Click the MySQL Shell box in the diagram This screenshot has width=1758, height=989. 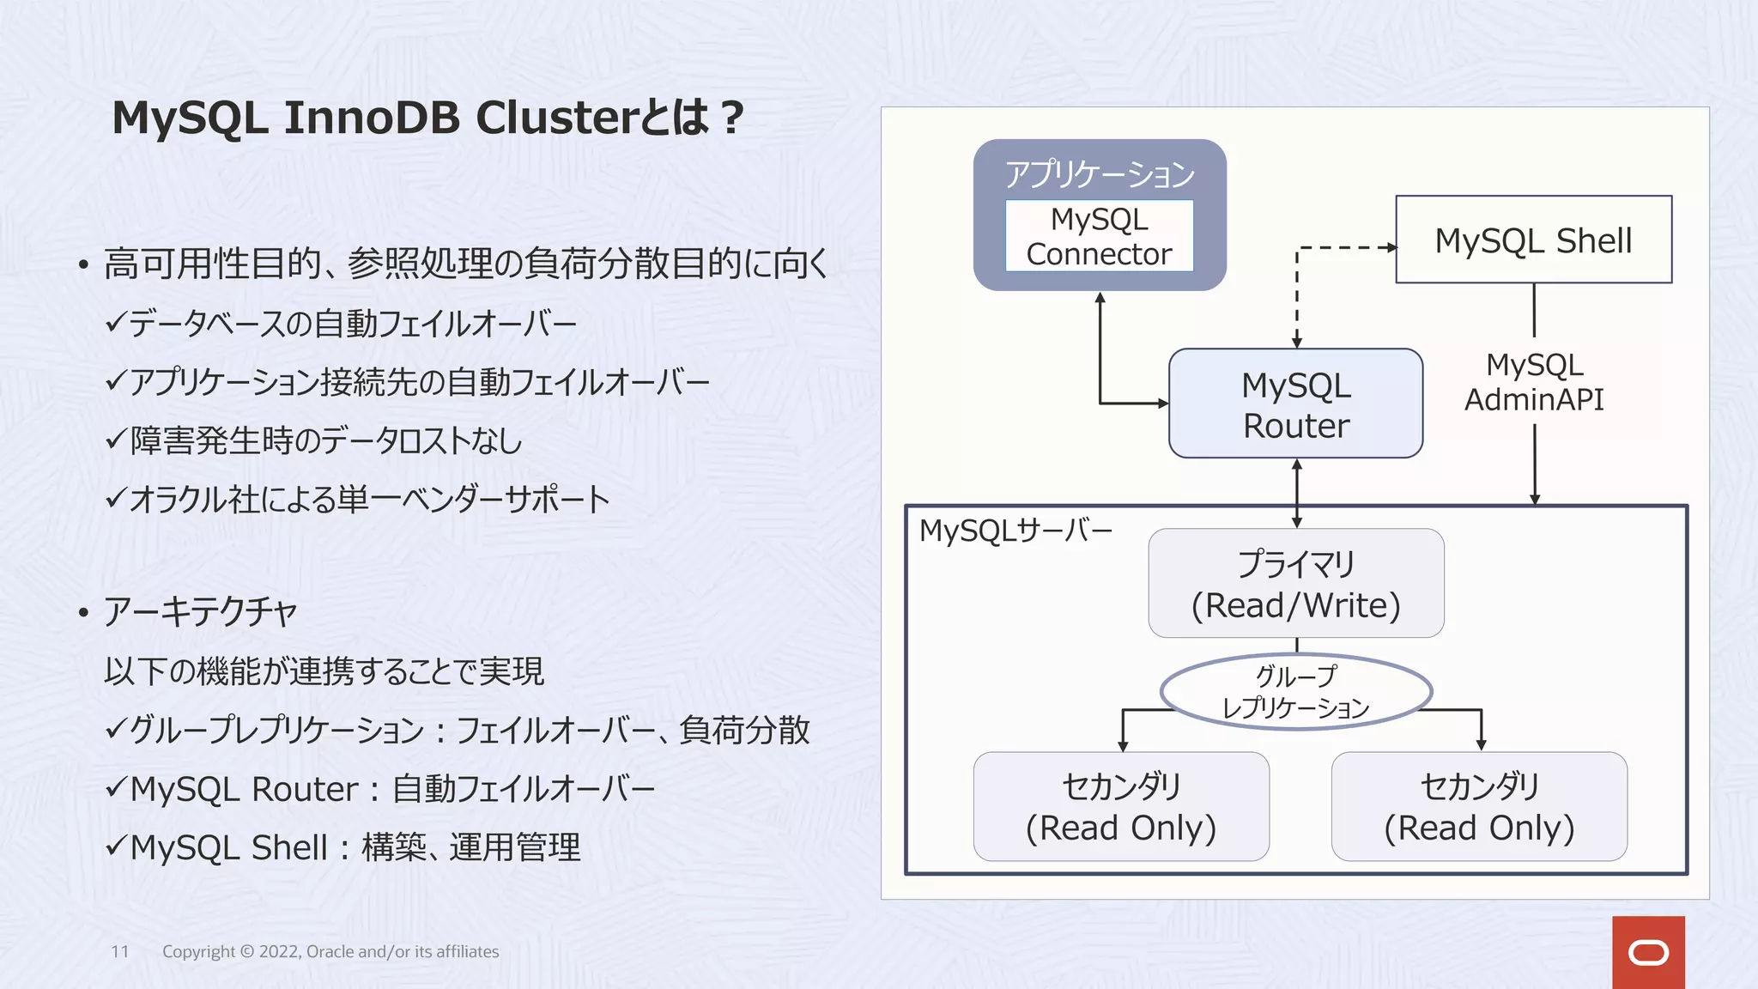1533,240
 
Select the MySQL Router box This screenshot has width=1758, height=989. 1295,403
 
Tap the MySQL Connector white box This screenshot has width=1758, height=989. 1099,236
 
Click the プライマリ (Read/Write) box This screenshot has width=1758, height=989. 1295,584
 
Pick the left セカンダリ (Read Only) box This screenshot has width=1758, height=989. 1121,807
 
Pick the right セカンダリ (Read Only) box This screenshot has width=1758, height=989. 1479,807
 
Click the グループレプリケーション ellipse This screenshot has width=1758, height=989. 1295,692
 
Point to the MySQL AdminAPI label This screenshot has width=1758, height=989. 1534,382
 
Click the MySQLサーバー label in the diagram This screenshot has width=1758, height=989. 1015,531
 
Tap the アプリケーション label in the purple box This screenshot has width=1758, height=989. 1099,174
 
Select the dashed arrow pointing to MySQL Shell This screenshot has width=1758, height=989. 1343,247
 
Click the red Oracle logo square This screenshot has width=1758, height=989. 1648,952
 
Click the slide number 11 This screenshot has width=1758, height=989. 120,951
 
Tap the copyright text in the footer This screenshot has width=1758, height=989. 330,951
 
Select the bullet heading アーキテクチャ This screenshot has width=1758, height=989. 200,612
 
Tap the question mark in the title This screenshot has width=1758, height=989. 732,119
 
